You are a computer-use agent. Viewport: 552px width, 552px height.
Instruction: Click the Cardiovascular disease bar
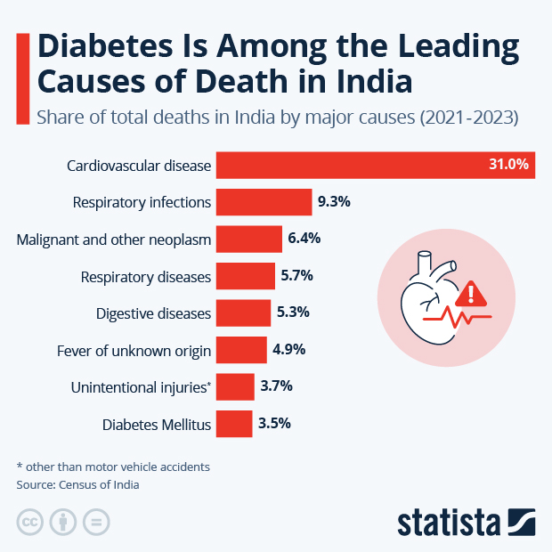click(x=374, y=165)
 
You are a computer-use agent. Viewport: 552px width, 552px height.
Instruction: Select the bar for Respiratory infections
click(x=264, y=202)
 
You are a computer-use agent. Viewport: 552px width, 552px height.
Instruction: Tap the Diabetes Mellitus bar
click(x=234, y=424)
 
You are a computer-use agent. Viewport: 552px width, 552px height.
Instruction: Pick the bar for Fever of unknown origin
click(x=241, y=350)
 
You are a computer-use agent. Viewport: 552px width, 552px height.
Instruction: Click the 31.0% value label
click(x=508, y=165)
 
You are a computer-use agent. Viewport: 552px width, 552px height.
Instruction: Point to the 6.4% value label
click(x=304, y=239)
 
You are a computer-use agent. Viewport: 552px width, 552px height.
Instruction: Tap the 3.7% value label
click(x=275, y=386)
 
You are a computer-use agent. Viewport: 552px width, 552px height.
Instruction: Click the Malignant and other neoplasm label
click(x=114, y=239)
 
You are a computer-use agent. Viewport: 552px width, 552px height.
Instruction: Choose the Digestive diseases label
click(x=153, y=313)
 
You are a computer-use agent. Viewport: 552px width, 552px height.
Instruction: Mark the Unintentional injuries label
click(x=141, y=387)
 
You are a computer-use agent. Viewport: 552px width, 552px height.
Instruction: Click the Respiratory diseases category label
click(x=146, y=276)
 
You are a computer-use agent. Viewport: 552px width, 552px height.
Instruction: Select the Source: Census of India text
click(x=78, y=485)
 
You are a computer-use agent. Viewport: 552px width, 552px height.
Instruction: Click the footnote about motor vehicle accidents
click(x=113, y=466)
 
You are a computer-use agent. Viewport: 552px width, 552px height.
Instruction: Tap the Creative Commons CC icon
click(x=30, y=521)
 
